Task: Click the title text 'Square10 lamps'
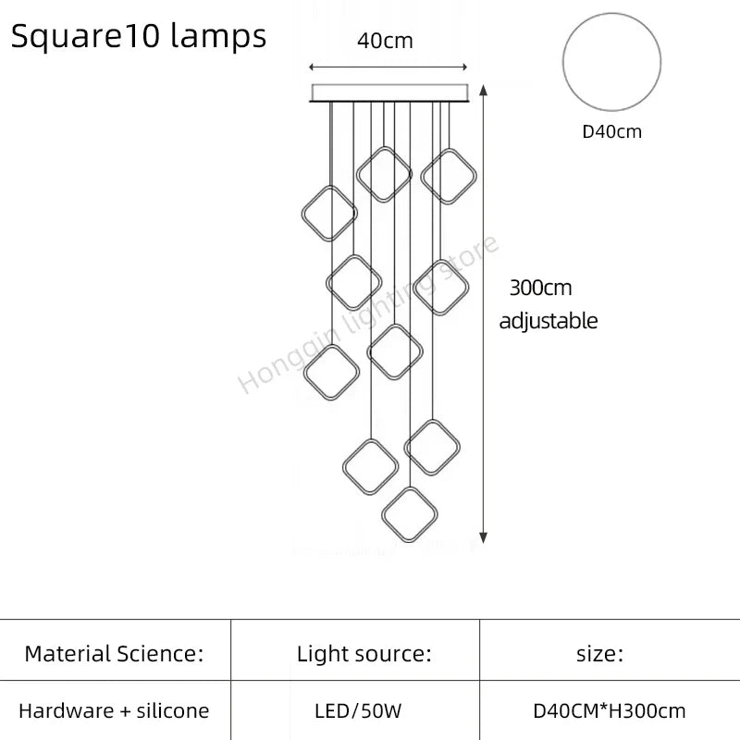pyautogui.click(x=139, y=36)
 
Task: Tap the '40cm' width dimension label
pyautogui.click(x=385, y=41)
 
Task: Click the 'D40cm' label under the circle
pyautogui.click(x=611, y=131)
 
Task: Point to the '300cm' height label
pyautogui.click(x=540, y=288)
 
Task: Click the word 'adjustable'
pyautogui.click(x=549, y=321)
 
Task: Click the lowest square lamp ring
pyautogui.click(x=410, y=514)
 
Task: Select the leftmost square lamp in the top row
pyautogui.click(x=328, y=213)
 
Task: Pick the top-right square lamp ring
pyautogui.click(x=449, y=176)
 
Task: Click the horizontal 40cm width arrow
pyautogui.click(x=388, y=67)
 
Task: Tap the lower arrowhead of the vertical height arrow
pyautogui.click(x=484, y=536)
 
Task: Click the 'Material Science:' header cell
pyautogui.click(x=114, y=654)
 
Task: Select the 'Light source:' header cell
pyautogui.click(x=364, y=654)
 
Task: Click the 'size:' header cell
pyautogui.click(x=599, y=654)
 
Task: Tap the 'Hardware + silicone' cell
pyautogui.click(x=114, y=711)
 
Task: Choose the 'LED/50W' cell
pyautogui.click(x=359, y=711)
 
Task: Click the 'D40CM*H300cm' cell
pyautogui.click(x=610, y=711)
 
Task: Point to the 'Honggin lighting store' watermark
pyautogui.click(x=370, y=314)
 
